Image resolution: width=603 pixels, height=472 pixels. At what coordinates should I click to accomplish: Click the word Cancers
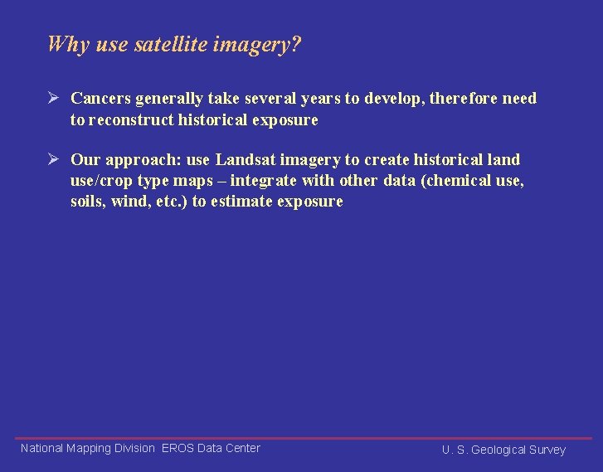pos(101,99)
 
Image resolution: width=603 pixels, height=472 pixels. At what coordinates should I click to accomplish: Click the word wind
pos(131,202)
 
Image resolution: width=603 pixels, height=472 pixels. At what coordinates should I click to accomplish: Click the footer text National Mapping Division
pos(87,448)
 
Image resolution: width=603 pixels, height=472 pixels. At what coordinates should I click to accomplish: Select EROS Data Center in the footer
pos(211,448)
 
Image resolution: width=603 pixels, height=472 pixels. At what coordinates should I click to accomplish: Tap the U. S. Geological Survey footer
pos(503,450)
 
